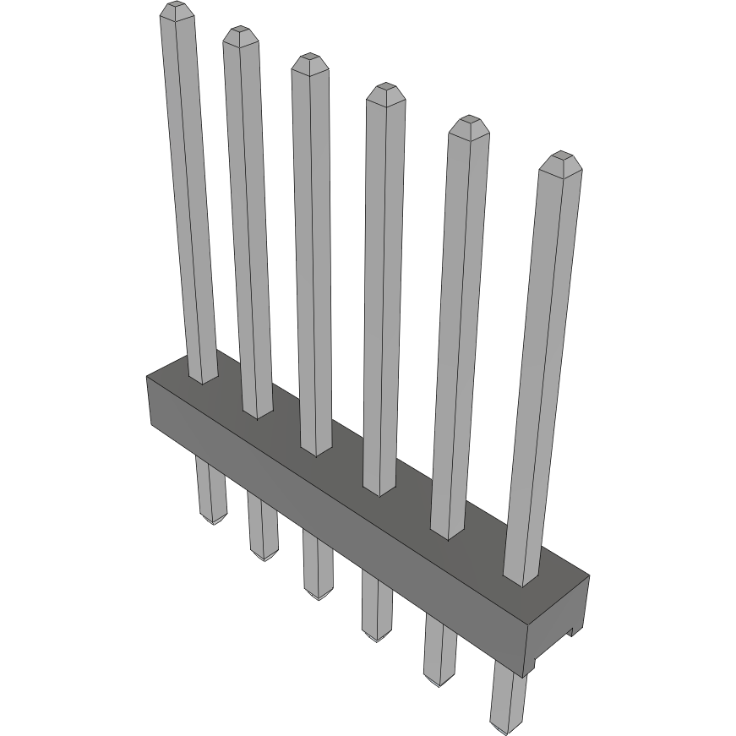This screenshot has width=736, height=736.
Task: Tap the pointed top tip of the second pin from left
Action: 240,33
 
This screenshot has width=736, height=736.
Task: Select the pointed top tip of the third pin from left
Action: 309,61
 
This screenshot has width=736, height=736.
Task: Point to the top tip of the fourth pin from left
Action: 385,90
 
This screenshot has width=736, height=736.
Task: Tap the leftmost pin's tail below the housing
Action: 210,490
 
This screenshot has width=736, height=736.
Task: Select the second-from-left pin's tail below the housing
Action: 264,528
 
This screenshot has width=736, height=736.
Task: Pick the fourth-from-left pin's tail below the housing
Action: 376,606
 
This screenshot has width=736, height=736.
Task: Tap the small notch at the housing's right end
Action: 573,630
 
